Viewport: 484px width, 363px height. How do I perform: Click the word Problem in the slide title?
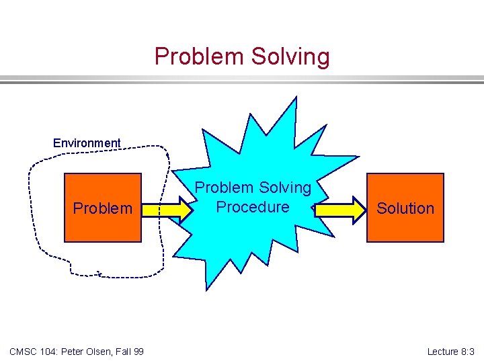click(200, 56)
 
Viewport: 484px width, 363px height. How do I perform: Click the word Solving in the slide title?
click(290, 57)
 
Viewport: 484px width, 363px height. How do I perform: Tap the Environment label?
click(87, 143)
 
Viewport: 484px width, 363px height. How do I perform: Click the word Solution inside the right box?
click(405, 208)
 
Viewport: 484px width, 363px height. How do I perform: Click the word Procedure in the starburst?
click(253, 207)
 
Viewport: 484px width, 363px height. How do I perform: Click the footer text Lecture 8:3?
click(450, 352)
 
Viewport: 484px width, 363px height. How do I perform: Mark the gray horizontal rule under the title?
click(242, 80)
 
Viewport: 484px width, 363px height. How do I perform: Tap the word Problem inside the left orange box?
click(103, 208)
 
